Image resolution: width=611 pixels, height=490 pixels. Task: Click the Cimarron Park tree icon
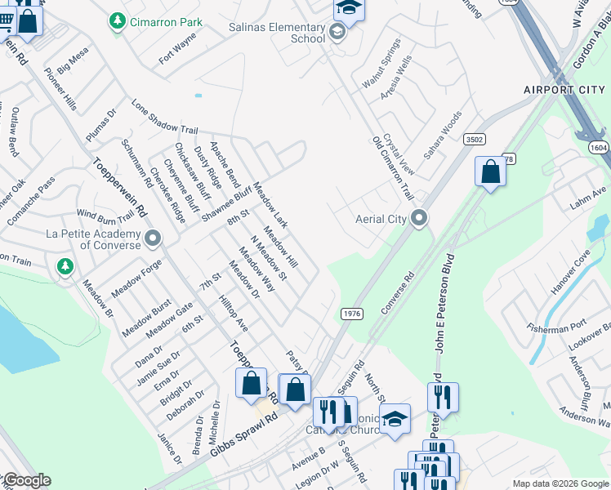(x=118, y=21)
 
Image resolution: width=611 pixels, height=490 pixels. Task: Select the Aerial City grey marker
(x=420, y=219)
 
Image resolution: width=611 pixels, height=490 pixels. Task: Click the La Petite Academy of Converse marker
(x=153, y=239)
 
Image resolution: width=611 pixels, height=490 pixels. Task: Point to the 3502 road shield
(x=474, y=140)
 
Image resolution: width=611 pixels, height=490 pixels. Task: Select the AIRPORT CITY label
(x=564, y=88)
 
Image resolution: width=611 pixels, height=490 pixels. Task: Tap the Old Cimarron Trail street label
(x=392, y=168)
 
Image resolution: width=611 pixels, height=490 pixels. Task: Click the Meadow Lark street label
(x=270, y=204)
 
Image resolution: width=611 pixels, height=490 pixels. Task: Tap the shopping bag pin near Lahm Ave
(x=490, y=173)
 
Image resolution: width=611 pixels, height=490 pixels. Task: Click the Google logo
(x=26, y=481)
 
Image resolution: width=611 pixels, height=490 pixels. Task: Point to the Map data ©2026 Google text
(x=560, y=483)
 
